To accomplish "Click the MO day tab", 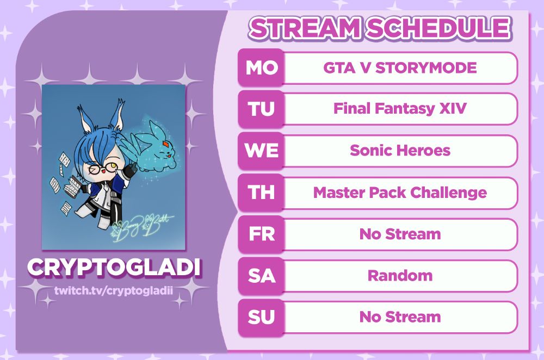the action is pos(261,67).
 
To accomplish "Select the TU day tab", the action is pos(261,109).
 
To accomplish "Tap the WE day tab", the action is pos(261,151).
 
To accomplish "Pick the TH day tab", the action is pos(261,193).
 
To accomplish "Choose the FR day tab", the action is pos(261,234).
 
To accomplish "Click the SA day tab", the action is pos(261,276).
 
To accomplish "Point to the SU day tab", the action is pos(261,317).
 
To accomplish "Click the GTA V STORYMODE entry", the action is pos(400,67).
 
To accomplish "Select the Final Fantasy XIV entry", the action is pos(400,109).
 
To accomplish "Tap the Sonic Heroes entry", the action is pos(400,151).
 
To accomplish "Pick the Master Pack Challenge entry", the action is pos(400,193).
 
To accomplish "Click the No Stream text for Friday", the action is pos(400,234).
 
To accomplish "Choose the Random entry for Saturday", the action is pos(400,276).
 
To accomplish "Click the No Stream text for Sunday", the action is pos(400,317).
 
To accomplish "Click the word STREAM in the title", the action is pos(305,28).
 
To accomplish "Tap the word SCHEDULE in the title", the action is pos(438,28).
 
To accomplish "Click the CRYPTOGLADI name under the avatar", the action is pos(114,267).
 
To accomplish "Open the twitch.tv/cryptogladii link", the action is pos(114,290).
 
